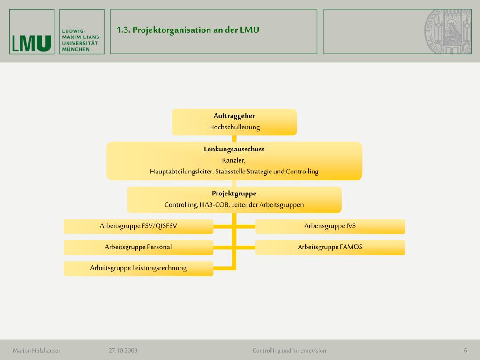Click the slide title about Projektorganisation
187,30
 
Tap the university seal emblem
448,31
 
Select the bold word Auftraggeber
234,116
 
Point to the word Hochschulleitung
234,127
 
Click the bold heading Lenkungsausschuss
234,149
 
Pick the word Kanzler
234,160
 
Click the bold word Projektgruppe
234,193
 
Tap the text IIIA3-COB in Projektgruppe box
214,204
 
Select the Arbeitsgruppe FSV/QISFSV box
138,226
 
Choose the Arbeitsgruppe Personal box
138,247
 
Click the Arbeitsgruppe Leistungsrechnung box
138,268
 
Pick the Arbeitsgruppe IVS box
330,226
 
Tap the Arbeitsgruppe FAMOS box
330,247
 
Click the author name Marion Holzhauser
37,350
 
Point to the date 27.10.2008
123,350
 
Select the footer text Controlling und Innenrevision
289,350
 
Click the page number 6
465,350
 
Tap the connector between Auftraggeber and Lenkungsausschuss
234,138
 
